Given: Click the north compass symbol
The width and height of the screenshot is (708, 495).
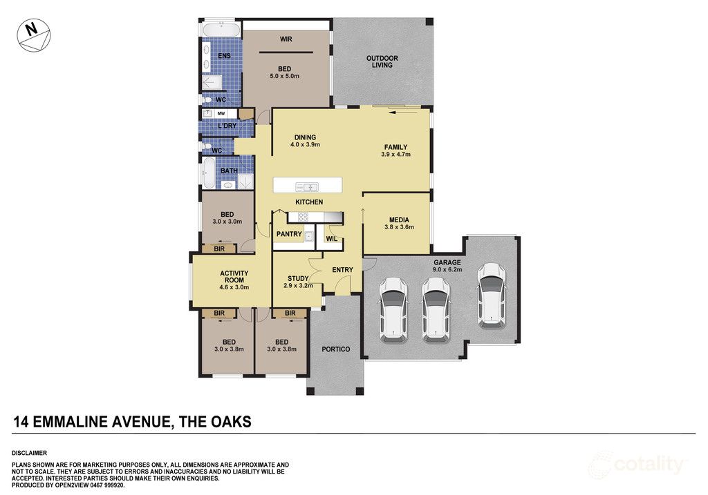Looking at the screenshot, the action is coord(34,35).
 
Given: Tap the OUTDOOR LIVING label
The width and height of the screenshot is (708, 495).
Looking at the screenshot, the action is coord(382,61).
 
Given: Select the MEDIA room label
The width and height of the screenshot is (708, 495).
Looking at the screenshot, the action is coord(399,223).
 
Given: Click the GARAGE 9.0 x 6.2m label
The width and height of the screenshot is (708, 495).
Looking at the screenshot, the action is coord(447,266).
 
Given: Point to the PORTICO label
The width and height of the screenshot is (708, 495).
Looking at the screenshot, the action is coord(336,349).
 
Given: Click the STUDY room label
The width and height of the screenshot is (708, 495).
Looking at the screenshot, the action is coord(298,282).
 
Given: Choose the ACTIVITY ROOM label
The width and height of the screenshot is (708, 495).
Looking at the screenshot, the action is coord(234,280).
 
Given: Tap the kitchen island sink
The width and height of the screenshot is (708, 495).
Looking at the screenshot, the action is coord(307,186).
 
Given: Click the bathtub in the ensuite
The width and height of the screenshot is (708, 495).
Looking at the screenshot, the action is coord(221,30).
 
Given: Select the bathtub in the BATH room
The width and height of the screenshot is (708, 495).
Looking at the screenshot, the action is coord(209,173).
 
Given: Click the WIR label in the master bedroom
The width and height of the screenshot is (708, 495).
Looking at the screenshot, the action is coord(286,39).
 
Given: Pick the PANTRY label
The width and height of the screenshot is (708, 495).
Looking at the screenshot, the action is coord(289,235).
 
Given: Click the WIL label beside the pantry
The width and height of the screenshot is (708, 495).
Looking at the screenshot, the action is coord(331,239).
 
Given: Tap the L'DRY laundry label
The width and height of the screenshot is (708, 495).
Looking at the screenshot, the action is coord(227,126).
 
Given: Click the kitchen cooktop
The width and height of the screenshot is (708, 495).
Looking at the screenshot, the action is coord(304,217).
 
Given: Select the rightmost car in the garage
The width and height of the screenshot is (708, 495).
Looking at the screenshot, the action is coord(492,295).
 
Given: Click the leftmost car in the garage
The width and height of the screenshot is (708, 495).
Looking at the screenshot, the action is coord(393,310).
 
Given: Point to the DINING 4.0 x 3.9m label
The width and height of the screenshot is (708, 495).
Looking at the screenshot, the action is coord(305,141).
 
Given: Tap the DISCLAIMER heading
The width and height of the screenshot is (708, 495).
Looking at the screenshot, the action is coord(29,453).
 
